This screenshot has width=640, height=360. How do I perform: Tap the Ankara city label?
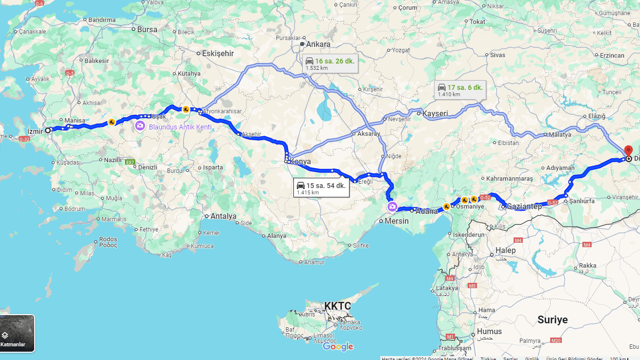point(318,44)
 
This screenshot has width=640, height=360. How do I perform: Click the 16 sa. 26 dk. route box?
point(330,64)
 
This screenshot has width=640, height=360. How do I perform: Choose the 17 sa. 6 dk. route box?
point(460,90)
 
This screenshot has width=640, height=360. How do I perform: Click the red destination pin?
point(628,150)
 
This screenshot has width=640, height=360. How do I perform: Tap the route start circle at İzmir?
point(48,130)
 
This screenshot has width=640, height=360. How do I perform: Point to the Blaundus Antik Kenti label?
point(180,127)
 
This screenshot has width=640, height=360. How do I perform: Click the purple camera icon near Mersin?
point(392,207)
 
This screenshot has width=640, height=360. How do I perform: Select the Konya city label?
point(300,161)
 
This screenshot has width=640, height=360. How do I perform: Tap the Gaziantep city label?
point(524,207)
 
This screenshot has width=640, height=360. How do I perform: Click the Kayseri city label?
point(435,113)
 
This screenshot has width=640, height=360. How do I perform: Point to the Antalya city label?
point(223,216)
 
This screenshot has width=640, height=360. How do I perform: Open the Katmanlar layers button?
point(17,334)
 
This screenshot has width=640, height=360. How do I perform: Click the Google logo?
point(338,347)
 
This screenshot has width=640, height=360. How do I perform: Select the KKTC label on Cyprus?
point(337,306)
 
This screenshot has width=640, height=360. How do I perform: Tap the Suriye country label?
point(553,319)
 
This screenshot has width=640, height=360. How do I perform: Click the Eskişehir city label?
point(218,54)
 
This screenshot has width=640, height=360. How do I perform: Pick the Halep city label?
point(505,251)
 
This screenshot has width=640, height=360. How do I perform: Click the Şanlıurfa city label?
point(585,201)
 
